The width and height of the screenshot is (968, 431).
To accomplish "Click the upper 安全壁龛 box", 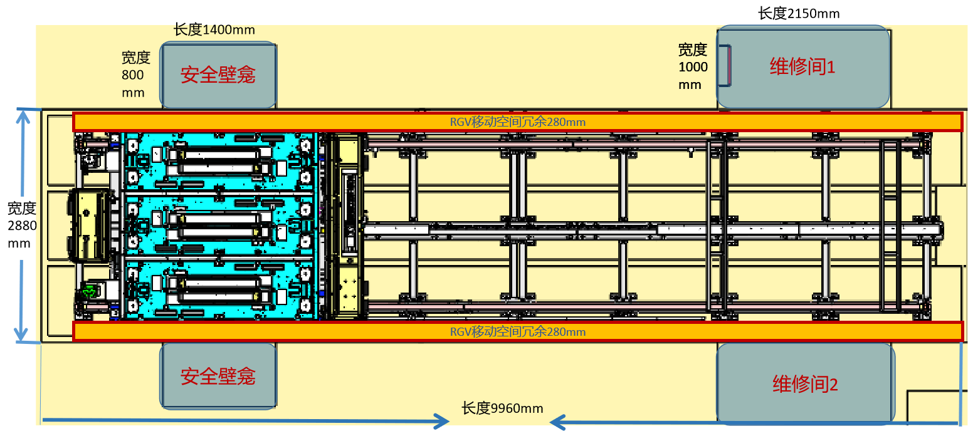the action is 218,75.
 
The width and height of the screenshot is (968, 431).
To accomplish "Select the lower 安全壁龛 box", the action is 218,376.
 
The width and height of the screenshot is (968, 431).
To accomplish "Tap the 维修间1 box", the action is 803,66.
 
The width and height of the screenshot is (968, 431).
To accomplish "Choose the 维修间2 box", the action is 805,383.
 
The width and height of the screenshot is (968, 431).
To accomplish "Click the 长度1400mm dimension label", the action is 214,29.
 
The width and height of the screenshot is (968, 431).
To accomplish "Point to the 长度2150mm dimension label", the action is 799,13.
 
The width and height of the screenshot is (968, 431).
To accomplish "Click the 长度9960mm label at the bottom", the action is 502,408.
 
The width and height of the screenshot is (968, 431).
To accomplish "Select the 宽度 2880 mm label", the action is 21,226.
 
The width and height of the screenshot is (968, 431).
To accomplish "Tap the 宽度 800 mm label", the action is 135,75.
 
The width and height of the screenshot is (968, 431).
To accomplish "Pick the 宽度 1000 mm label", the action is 693,66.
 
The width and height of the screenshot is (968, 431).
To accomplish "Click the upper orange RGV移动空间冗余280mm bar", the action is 518,122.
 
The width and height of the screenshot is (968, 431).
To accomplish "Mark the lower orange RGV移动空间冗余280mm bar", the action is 518,331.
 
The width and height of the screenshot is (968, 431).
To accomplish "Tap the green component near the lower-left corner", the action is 90,291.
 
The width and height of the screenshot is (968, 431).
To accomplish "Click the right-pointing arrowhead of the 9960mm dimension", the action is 443,422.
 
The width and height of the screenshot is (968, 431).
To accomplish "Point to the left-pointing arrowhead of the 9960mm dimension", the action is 557,422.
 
